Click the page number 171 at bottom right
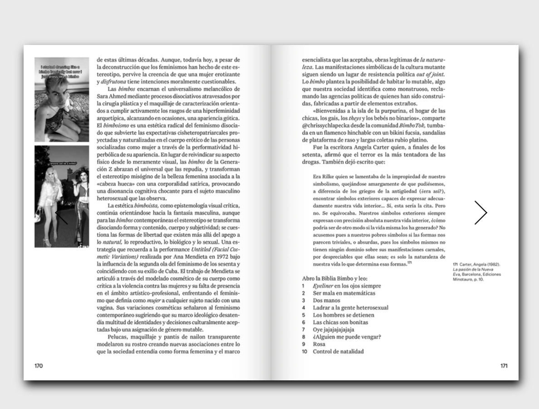coord(504,365)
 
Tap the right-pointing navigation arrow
coord(480,213)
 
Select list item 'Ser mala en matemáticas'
coord(337,293)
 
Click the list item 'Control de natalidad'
coord(338,351)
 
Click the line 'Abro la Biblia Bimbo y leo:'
coord(334,278)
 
